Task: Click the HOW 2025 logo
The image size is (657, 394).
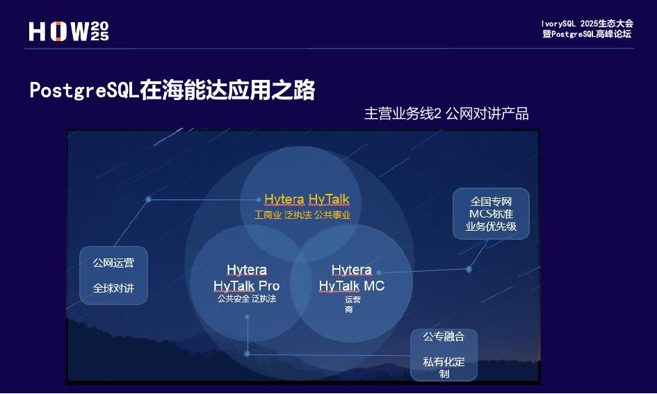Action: click(x=69, y=31)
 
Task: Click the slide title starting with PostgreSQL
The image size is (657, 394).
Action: click(x=172, y=90)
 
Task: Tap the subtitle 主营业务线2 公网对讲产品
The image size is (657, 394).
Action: click(x=446, y=114)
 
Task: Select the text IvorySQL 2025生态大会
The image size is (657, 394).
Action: click(x=587, y=24)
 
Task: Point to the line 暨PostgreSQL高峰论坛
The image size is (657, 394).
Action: click(x=587, y=34)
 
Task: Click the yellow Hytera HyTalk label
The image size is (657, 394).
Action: click(x=307, y=200)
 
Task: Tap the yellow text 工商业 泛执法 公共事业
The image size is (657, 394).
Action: click(x=302, y=215)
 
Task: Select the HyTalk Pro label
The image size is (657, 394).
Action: click(x=246, y=286)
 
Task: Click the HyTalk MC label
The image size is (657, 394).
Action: click(x=351, y=286)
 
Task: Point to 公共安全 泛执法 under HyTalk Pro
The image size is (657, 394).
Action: click(x=246, y=299)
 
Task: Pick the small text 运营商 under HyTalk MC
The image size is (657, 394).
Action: click(x=352, y=304)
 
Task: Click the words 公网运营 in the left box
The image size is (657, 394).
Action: click(x=114, y=263)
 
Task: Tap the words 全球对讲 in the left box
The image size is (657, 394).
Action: click(x=114, y=288)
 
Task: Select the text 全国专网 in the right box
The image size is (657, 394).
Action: click(x=491, y=202)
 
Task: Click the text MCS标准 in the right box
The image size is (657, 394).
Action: click(x=491, y=214)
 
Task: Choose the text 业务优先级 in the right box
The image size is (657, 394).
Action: click(x=491, y=227)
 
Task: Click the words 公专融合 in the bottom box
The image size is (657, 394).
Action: click(x=444, y=336)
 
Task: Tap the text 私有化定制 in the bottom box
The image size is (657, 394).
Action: click(x=444, y=367)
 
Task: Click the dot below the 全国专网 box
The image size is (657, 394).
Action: click(x=469, y=269)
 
